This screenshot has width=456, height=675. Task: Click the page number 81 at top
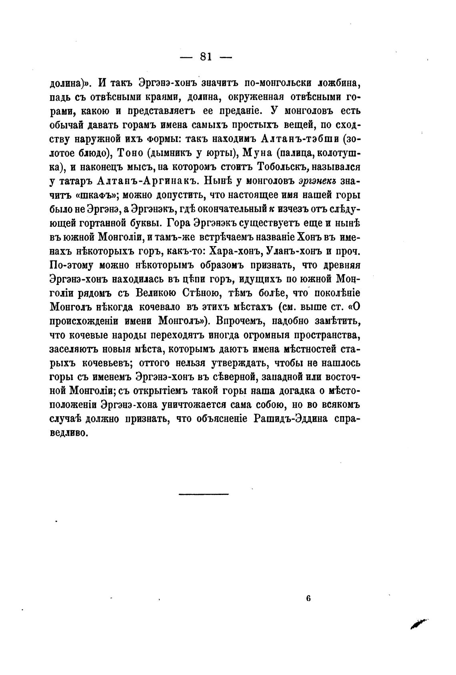coord(206,57)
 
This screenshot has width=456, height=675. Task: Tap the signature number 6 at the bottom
coord(308,599)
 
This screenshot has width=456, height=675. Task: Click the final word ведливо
coord(68,433)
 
